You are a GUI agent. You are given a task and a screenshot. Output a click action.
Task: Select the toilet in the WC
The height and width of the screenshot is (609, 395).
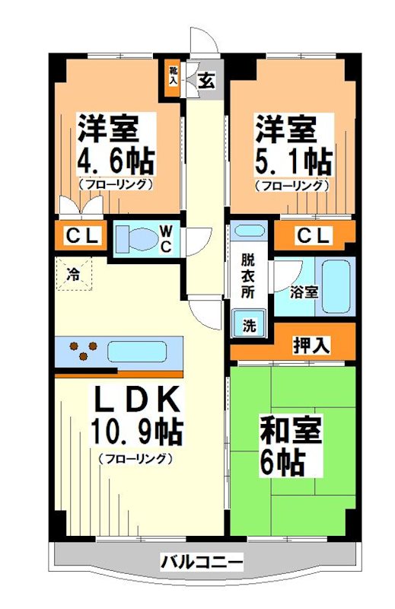coord(137,238)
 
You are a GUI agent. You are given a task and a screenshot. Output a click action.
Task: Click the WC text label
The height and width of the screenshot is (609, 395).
coord(167,238)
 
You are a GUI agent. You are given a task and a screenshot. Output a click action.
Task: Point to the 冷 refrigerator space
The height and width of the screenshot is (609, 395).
coord(74,272)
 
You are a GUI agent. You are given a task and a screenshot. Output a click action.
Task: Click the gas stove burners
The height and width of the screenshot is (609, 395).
coord(83,352)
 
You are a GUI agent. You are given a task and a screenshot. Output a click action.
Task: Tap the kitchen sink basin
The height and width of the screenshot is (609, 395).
coord(137,352)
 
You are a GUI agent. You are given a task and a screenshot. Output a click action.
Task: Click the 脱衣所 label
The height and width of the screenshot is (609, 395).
coord(249,273)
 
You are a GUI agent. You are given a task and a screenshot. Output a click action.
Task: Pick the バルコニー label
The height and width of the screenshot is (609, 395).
coord(202,563)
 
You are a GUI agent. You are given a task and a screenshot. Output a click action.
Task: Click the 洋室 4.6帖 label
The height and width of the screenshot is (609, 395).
coord(114,149)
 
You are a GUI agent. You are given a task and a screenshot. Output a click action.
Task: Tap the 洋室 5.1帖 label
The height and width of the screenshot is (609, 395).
coord(292,149)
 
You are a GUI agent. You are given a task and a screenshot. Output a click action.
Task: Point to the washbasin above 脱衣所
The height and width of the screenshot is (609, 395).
coord(248,231)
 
